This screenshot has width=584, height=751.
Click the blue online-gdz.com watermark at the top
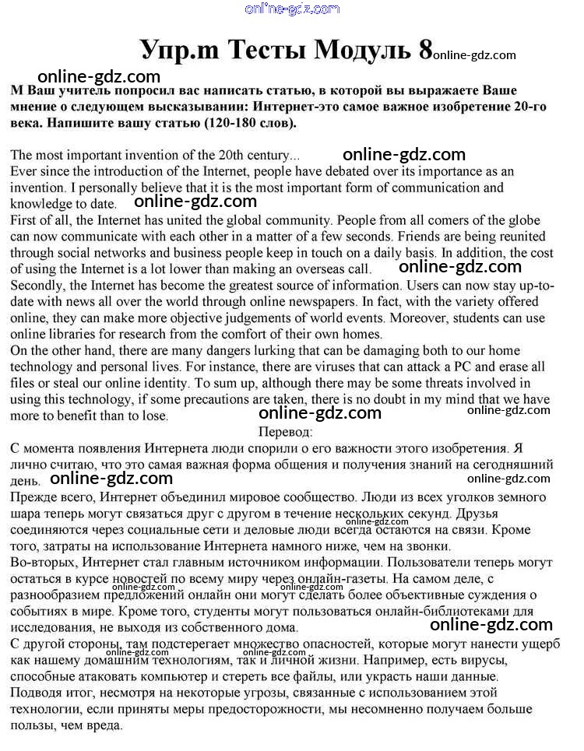[x=292, y=9]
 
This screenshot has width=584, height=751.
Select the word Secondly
[x=37, y=286]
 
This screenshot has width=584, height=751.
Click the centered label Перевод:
[x=285, y=431]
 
